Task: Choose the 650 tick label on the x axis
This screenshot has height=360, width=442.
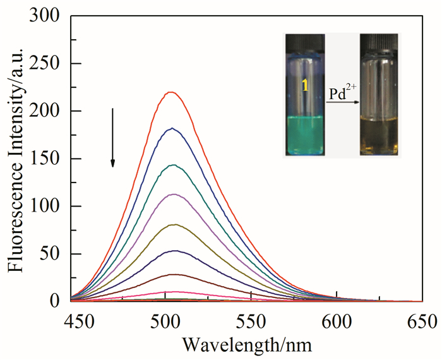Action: pyautogui.click(x=422, y=320)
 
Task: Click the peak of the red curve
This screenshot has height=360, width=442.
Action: pyautogui.click(x=170, y=92)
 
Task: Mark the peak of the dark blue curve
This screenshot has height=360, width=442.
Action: pyautogui.click(x=171, y=129)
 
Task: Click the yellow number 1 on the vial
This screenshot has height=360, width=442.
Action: pyautogui.click(x=305, y=85)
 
